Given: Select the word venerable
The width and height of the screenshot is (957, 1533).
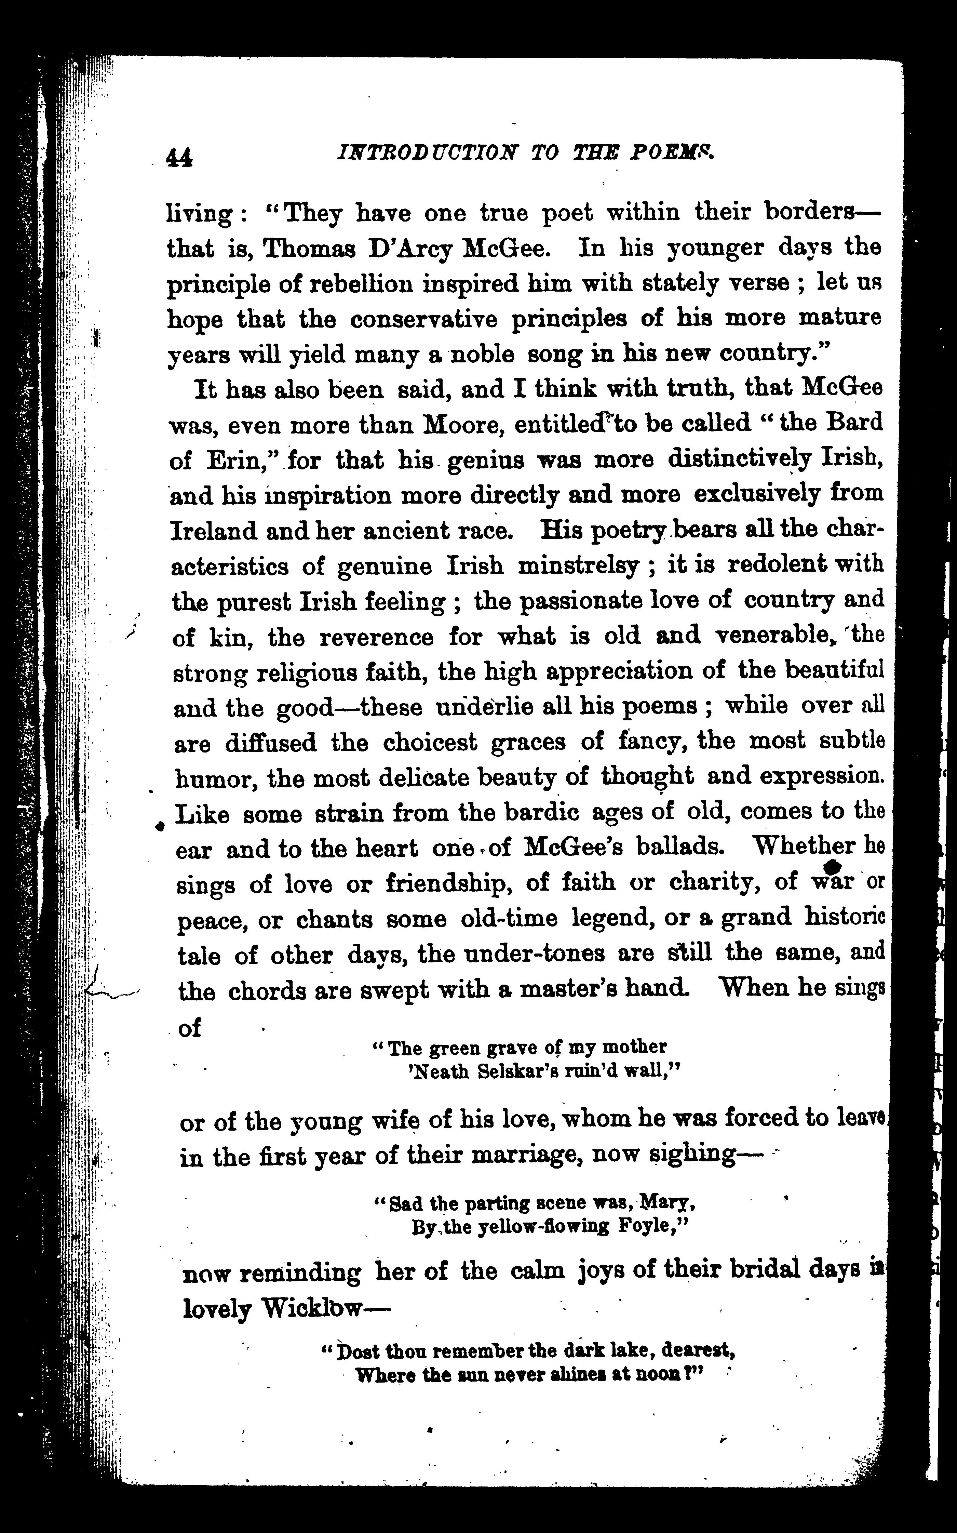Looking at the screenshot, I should [775, 635].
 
